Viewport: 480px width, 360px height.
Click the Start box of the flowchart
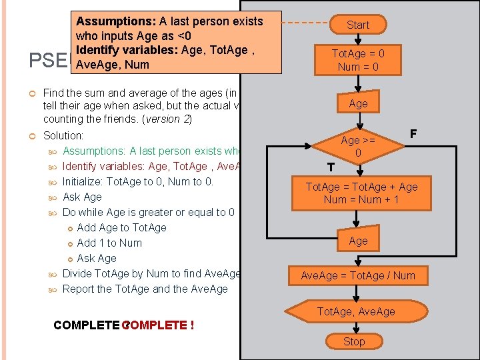tap(357, 25)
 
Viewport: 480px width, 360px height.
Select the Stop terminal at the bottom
tap(354, 341)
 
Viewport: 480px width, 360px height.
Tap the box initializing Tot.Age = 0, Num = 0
tap(358, 60)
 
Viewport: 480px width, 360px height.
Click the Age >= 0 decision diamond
tap(358, 147)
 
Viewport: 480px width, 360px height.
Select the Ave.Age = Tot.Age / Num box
tap(357, 275)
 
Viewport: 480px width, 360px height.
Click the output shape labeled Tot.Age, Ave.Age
tap(355, 311)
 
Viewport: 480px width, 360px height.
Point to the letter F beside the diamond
tap(413, 134)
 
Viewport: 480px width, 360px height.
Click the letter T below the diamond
tap(331, 167)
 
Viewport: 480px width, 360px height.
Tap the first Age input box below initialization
tap(358, 103)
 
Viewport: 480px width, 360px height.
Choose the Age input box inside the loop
tap(358, 241)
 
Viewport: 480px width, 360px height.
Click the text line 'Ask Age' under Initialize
tap(82, 197)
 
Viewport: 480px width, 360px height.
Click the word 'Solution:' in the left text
tap(63, 136)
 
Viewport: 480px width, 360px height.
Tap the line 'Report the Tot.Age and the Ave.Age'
tap(145, 289)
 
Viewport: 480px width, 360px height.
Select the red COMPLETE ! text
tap(160, 325)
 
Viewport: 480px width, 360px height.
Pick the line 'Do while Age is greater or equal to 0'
tap(148, 213)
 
